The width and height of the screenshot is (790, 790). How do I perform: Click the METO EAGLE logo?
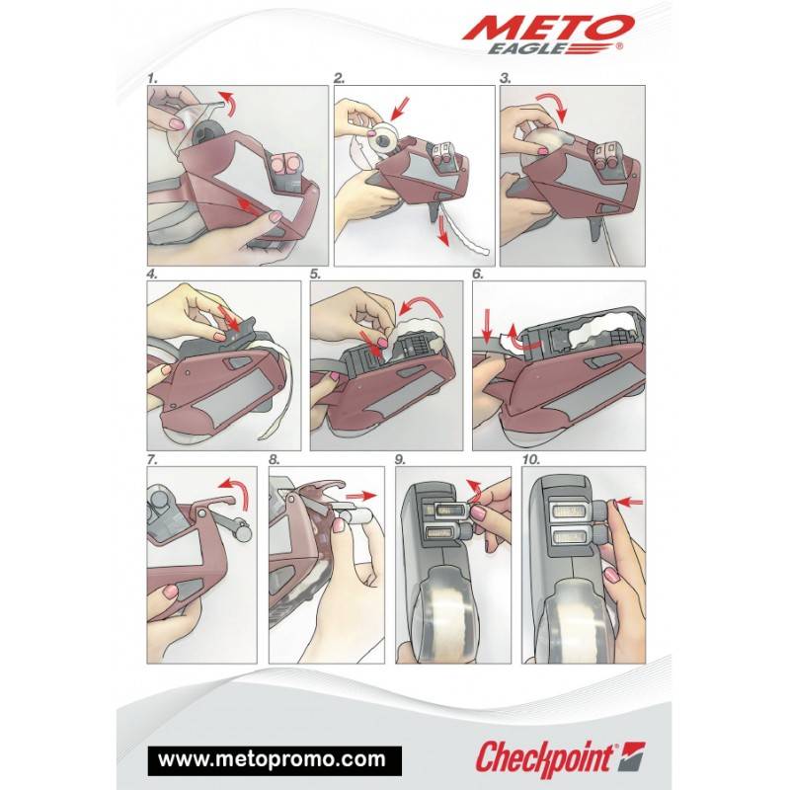tap(548, 35)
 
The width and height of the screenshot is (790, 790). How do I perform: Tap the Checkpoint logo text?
tap(545, 758)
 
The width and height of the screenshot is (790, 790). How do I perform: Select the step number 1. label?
tap(153, 78)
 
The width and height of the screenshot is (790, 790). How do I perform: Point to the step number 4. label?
tap(152, 275)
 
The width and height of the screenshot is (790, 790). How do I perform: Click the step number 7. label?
tap(152, 459)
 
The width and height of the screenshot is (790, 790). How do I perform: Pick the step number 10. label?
tap(531, 459)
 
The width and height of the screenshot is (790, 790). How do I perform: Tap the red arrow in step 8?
tap(361, 496)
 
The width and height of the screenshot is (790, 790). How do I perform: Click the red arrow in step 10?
tap(631, 502)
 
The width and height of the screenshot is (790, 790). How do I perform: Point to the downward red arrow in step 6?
tap(487, 326)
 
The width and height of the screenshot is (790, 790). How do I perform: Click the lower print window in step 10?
tap(571, 538)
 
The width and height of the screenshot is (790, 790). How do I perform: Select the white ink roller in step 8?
tap(353, 517)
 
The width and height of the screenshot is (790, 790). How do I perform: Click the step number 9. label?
tap(400, 459)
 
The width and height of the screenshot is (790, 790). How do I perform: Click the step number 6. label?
tap(478, 275)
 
